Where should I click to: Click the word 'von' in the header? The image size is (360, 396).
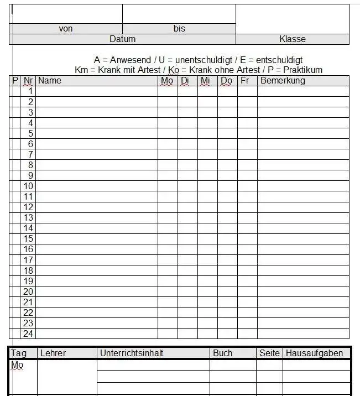point(66,29)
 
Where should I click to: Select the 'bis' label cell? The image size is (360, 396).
point(179,29)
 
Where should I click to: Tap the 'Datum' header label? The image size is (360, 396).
point(122,39)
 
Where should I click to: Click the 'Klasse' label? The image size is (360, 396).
point(293,39)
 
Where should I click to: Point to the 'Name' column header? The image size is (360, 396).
point(50,81)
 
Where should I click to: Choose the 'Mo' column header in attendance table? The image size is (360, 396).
point(167,81)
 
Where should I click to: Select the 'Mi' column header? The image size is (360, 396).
point(205,81)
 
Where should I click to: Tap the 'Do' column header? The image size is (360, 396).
point(226,81)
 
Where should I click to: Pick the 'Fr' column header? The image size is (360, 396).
point(244,81)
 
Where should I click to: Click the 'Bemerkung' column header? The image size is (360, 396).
point(283,81)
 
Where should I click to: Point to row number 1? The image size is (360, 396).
point(31,91)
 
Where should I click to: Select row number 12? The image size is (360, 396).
point(28,207)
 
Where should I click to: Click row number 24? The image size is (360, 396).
point(28,334)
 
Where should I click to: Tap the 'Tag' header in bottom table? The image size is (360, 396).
point(18,353)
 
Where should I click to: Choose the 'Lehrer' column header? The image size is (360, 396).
point(53,353)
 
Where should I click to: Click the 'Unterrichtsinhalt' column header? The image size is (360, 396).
point(132,353)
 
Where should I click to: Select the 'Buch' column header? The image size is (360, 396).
point(223,353)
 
